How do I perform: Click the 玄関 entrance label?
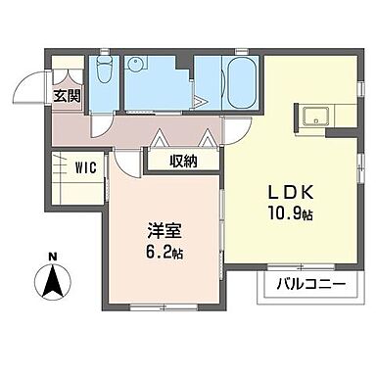(66, 96)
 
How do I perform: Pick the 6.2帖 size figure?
(163, 254)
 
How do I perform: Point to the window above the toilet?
(105, 56)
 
